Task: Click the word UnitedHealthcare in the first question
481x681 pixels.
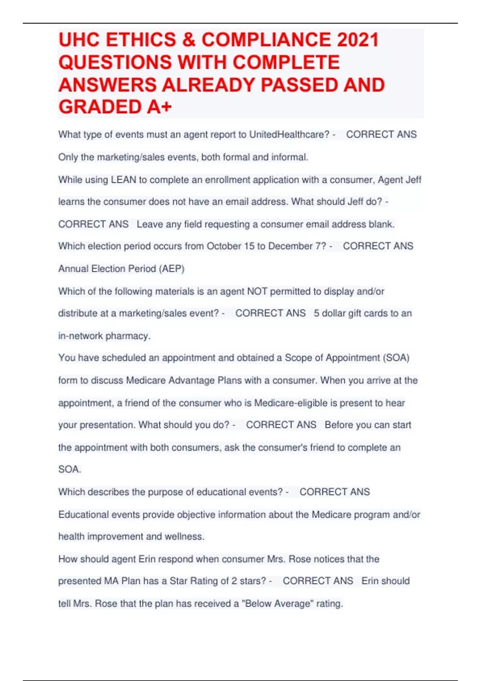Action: (289, 135)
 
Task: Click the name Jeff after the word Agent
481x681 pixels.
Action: (413, 180)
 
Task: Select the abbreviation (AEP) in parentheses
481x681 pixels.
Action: (172, 269)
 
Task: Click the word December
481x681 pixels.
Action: (291, 246)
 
